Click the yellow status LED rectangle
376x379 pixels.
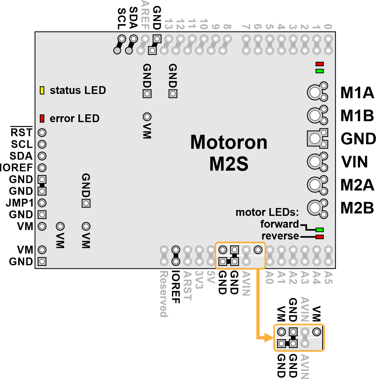click(42, 90)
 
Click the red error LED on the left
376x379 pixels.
click(42, 119)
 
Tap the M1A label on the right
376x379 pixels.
click(357, 93)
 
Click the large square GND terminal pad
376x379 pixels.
click(315, 138)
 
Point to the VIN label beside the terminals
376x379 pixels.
click(355, 162)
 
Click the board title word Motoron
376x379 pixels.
click(229, 142)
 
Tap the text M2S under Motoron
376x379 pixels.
click(229, 164)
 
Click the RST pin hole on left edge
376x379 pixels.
click(42, 133)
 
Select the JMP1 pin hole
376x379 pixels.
click(42, 203)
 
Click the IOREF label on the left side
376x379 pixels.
click(16, 168)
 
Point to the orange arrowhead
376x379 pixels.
click(269, 338)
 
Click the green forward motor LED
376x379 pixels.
click(320, 230)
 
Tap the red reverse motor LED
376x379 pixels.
click(320, 237)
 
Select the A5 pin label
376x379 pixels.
click(328, 278)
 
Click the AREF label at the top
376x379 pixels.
click(145, 15)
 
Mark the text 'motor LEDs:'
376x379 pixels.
click(267, 213)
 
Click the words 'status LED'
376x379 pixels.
click(78, 90)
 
